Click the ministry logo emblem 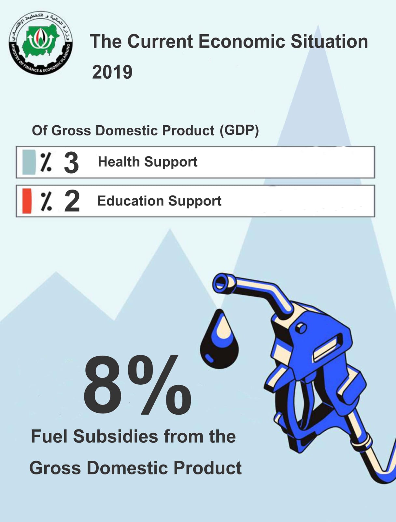click(x=41, y=43)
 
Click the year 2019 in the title click(x=112, y=72)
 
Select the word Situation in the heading click(x=329, y=41)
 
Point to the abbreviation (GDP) click(x=239, y=130)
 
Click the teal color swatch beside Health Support click(x=29, y=162)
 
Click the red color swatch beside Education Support click(x=27, y=201)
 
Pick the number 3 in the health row click(x=71, y=163)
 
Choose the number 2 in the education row click(x=72, y=201)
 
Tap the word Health click(x=119, y=162)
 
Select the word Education click(x=131, y=201)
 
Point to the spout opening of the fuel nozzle click(x=221, y=283)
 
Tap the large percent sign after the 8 click(x=160, y=385)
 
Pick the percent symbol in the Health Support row click(x=46, y=162)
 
